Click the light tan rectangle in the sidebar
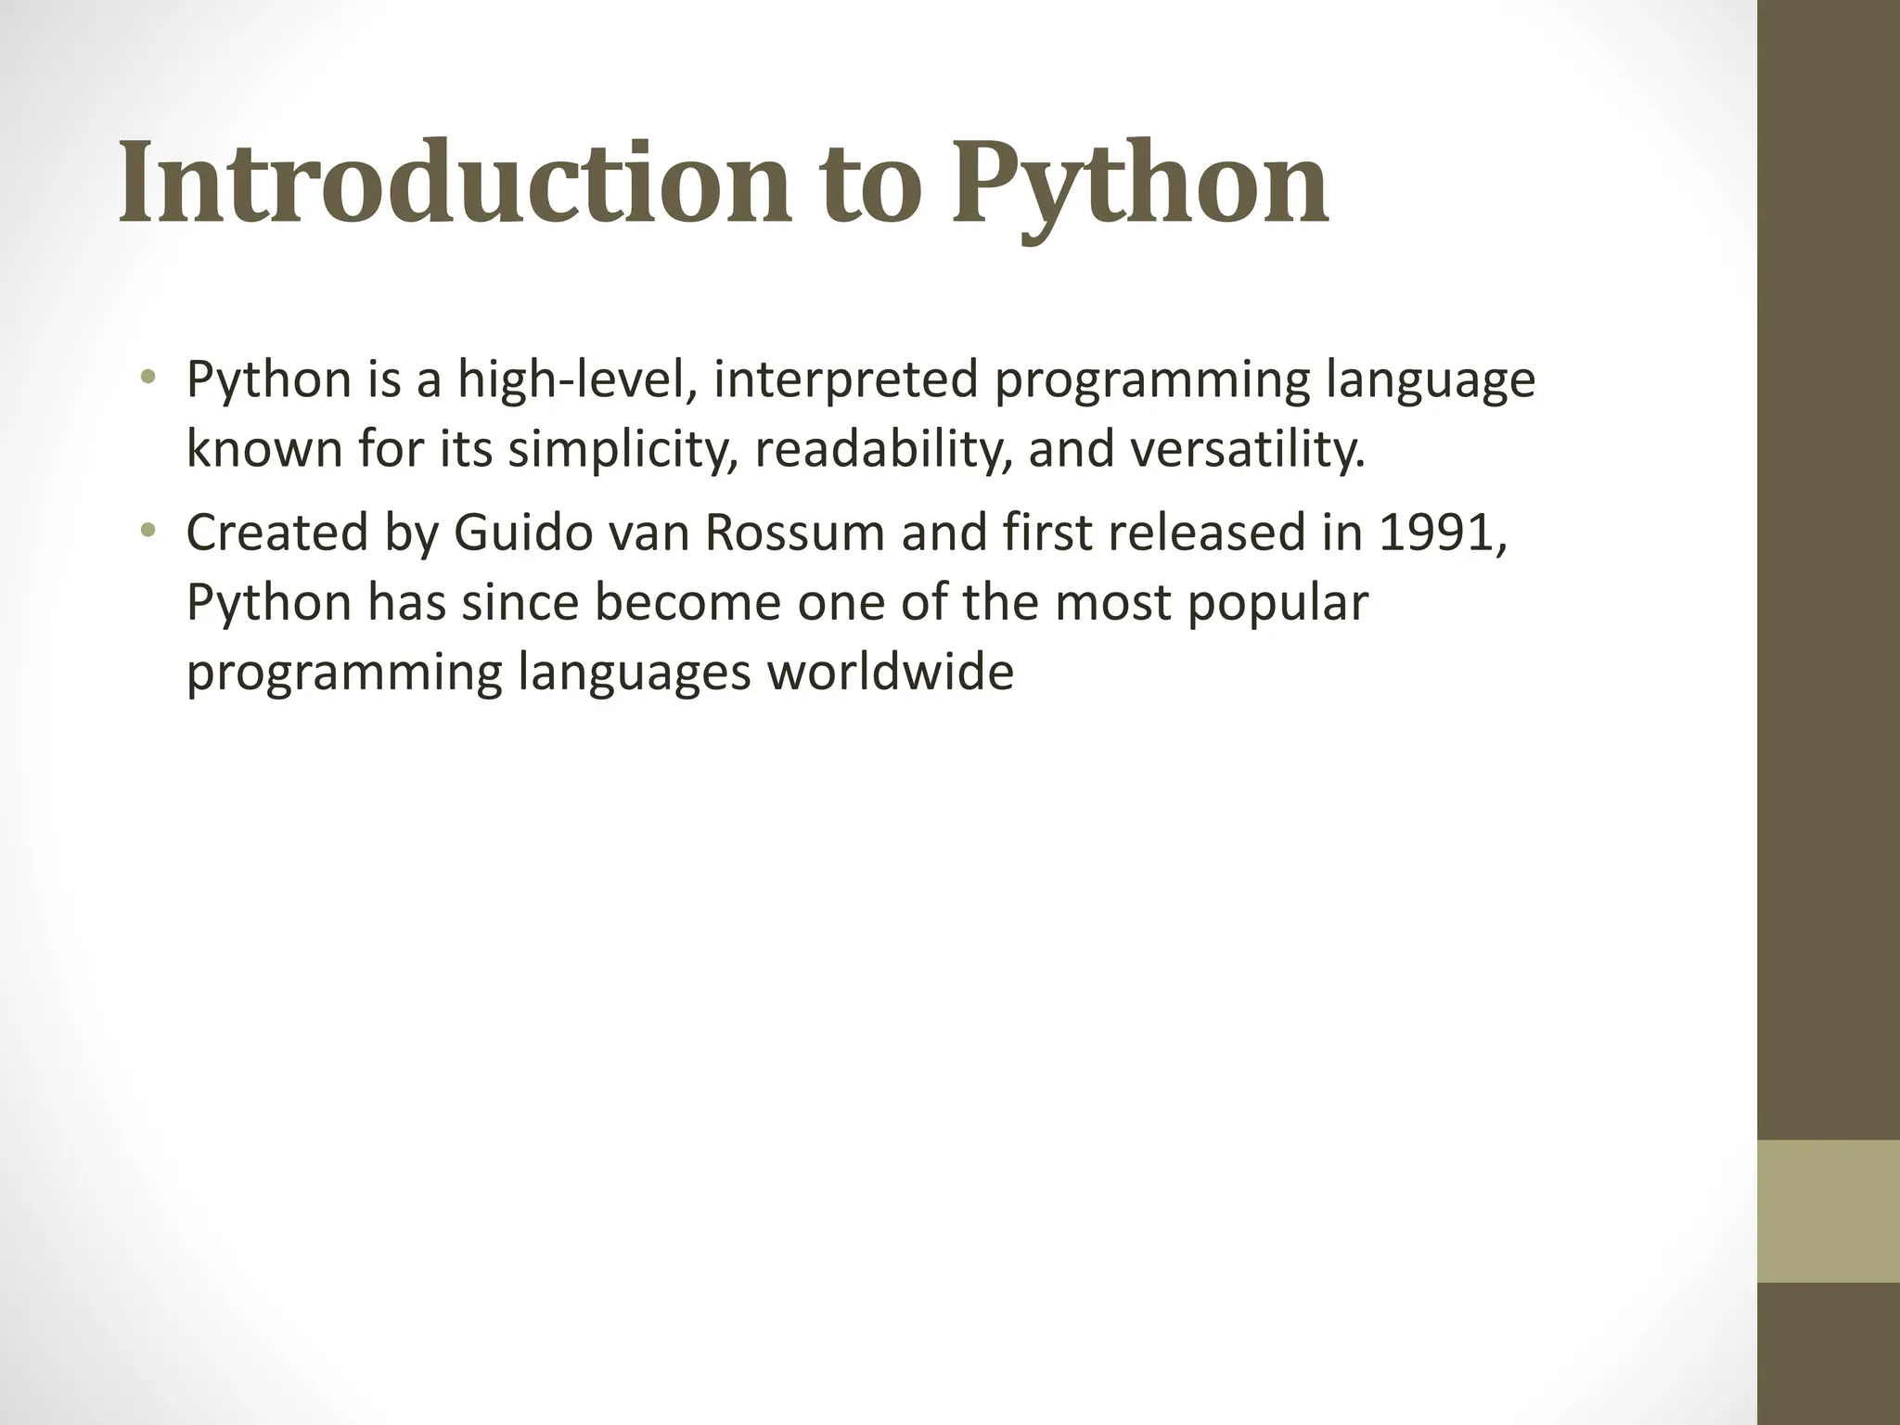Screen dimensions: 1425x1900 pyautogui.click(x=1828, y=1211)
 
